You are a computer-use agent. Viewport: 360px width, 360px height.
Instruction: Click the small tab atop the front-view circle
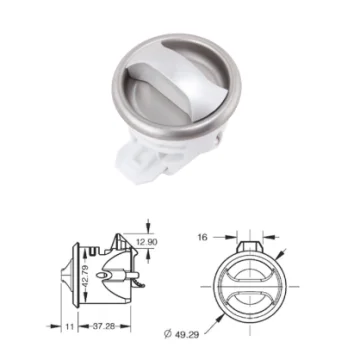pyautogui.click(x=250, y=241)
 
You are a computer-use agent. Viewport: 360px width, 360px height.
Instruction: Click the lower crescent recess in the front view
pyautogui.click(x=250, y=297)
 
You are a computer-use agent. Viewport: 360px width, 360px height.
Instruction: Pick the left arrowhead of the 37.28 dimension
pyautogui.click(x=80, y=326)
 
